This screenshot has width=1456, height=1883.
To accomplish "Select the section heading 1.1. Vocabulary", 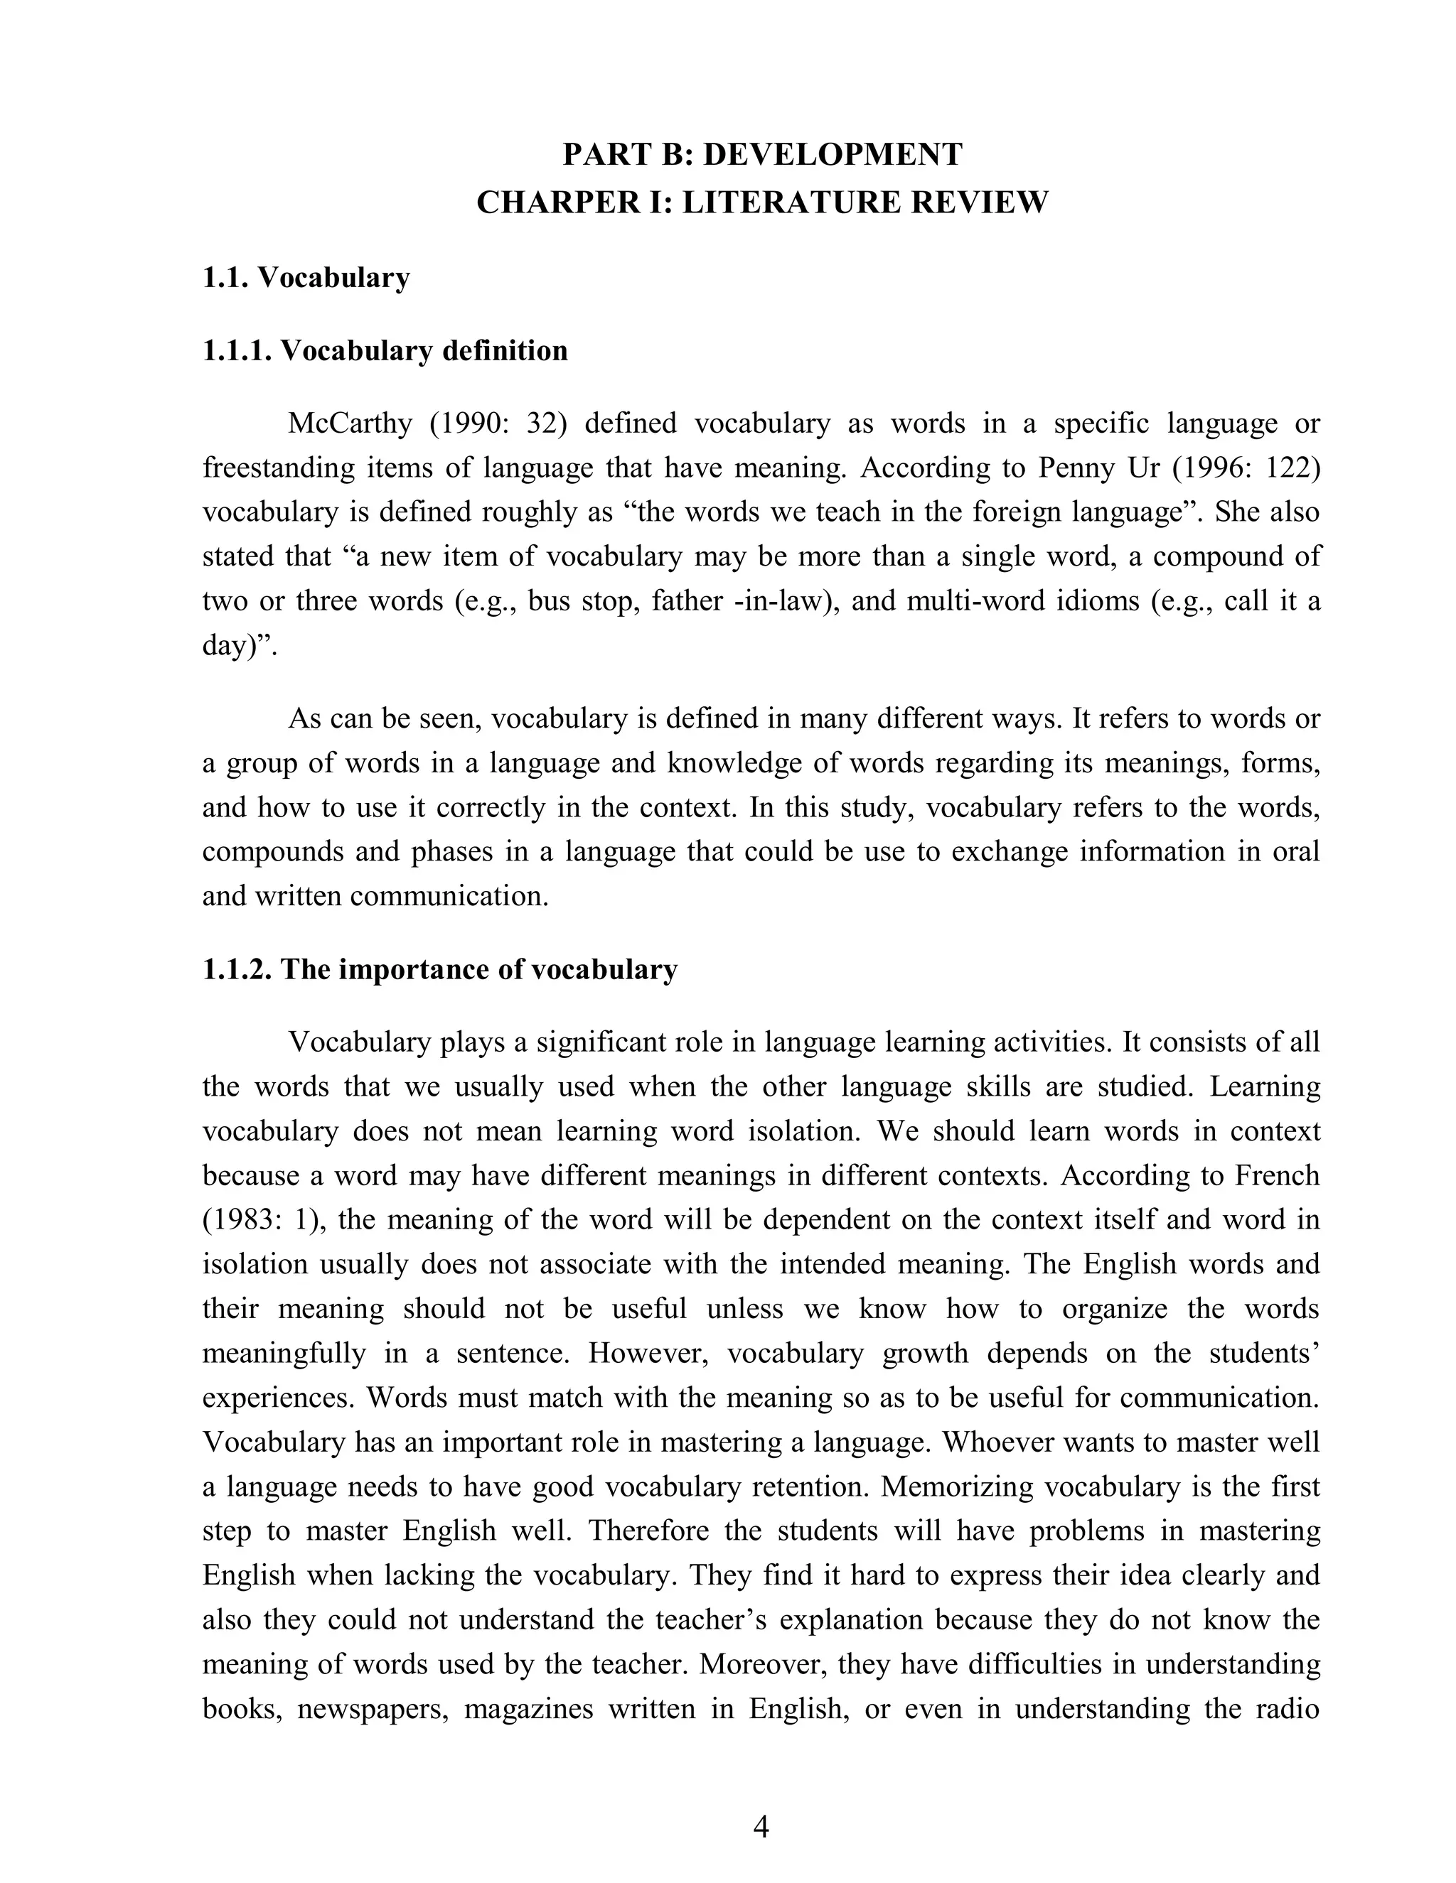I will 305,278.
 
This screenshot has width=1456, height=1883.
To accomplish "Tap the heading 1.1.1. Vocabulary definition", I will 385,351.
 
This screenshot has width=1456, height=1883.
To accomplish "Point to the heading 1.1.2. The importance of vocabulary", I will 440,969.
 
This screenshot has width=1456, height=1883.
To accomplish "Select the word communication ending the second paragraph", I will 449,896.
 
